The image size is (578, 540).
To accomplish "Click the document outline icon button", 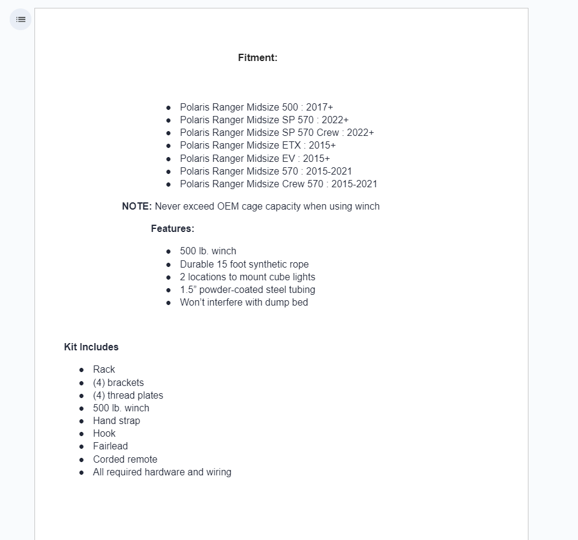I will coord(21,19).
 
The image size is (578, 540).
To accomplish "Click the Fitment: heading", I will coord(257,58).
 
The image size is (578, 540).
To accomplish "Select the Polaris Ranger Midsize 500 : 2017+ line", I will coord(256,108).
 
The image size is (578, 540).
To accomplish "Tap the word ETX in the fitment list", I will coord(291,146).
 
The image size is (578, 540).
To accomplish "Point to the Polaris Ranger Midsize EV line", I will coord(254,159).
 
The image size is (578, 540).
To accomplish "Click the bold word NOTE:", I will coord(136,207).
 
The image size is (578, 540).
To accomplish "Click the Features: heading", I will coord(172,229).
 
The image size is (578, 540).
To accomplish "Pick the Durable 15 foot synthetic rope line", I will coord(244,265).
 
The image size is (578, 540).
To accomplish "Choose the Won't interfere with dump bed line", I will coord(243,303).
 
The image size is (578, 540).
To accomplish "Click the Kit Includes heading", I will coord(91,347).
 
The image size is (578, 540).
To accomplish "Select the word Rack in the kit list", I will coord(104,370).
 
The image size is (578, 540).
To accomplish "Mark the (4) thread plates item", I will coord(128,396).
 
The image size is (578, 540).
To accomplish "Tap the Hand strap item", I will coord(117,421).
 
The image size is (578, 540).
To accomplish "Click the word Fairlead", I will coord(111,446).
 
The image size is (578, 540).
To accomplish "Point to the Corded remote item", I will coord(125,460).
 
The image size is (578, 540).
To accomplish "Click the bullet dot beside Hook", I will coord(82,434).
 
